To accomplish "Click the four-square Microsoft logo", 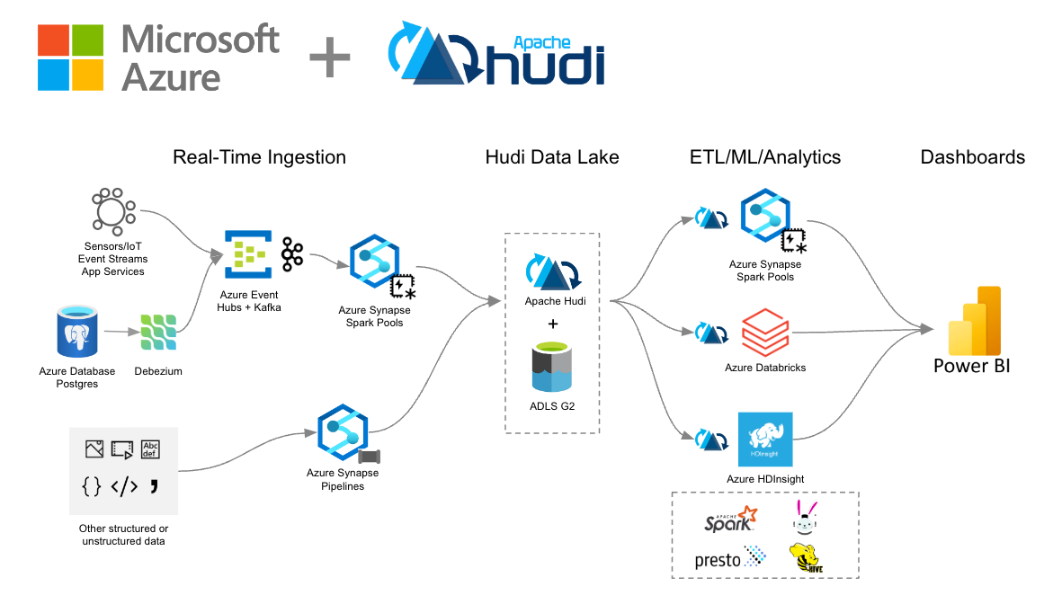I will pyautogui.click(x=69, y=58).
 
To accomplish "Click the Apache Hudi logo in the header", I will pyautogui.click(x=495, y=57).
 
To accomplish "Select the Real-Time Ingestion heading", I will pyautogui.click(x=259, y=157).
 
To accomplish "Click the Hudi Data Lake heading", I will pyautogui.click(x=552, y=157).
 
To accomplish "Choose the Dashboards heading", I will pyautogui.click(x=972, y=157).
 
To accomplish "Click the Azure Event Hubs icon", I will pyautogui.click(x=246, y=252).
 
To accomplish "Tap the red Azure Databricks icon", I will pyautogui.click(x=764, y=333).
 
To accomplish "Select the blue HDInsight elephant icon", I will pyautogui.click(x=764, y=440).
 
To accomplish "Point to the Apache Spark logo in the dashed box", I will pyautogui.click(x=729, y=518).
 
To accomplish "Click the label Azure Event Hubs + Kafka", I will pyautogui.click(x=251, y=301).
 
